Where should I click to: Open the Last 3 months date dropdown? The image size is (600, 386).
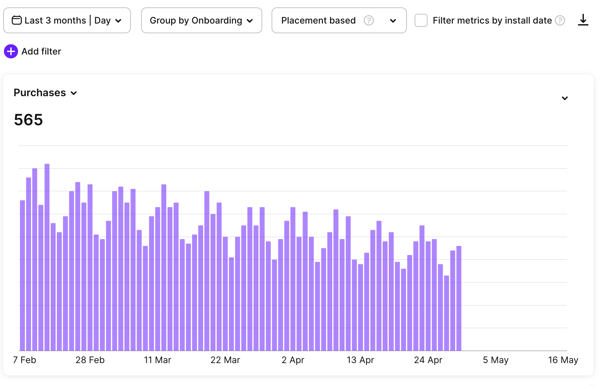(x=67, y=20)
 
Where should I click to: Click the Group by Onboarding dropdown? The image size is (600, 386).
(x=201, y=20)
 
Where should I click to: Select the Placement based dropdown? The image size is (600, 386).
(x=339, y=20)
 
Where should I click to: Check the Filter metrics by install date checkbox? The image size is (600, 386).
(x=421, y=20)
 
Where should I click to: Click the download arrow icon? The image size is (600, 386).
(x=583, y=20)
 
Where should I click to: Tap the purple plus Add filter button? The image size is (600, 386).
(x=11, y=51)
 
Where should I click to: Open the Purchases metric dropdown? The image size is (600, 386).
(x=45, y=93)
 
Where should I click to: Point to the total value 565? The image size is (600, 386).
(x=28, y=120)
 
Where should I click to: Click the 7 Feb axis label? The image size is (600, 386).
(x=25, y=360)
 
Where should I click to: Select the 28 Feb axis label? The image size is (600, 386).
(x=90, y=360)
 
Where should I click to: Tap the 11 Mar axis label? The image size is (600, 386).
(x=158, y=360)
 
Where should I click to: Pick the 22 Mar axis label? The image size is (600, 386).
(x=225, y=360)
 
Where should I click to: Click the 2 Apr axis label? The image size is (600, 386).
(x=293, y=360)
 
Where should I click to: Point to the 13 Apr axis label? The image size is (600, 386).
(x=360, y=360)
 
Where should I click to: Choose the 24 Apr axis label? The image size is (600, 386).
(x=428, y=360)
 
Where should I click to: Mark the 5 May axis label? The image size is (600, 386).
(x=496, y=360)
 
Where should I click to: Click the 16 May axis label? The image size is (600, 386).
(x=563, y=360)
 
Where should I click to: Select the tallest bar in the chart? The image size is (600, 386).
(x=47, y=258)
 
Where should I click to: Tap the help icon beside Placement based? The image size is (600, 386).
(x=369, y=20)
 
